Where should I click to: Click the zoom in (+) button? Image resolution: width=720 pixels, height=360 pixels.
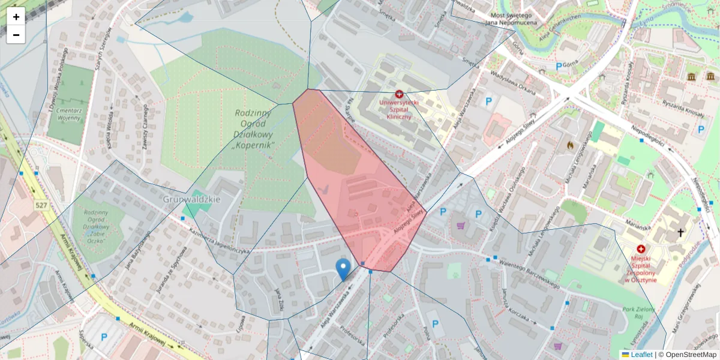(16, 17)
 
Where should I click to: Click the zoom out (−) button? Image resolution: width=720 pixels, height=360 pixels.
(16, 35)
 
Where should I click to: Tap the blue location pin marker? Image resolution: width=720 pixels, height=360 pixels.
(343, 270)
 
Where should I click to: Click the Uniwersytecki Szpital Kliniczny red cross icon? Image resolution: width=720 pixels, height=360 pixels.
(399, 94)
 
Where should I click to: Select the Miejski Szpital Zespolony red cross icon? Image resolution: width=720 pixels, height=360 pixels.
(641, 249)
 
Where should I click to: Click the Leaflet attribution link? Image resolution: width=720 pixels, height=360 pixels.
(641, 355)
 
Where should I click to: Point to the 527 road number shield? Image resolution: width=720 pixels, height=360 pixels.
(41, 206)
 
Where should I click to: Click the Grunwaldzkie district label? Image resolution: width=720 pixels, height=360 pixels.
(192, 199)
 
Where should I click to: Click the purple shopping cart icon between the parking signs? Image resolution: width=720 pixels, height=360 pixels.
(461, 226)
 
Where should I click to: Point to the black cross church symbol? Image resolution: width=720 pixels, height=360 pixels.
(680, 232)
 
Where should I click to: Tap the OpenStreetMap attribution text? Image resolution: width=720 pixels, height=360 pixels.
(687, 355)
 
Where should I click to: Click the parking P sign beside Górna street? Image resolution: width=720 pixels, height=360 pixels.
(559, 67)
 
